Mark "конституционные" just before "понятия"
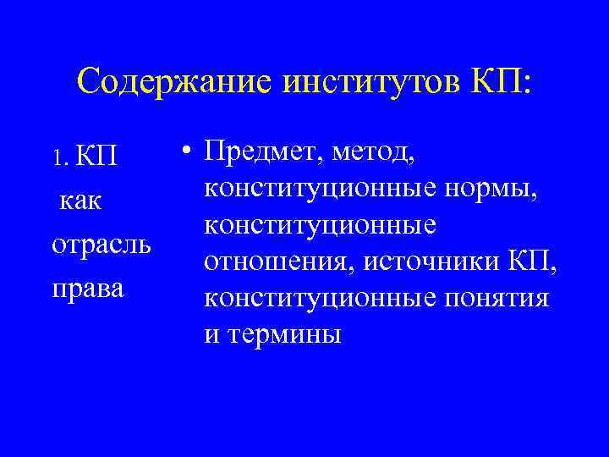[x=317, y=299]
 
